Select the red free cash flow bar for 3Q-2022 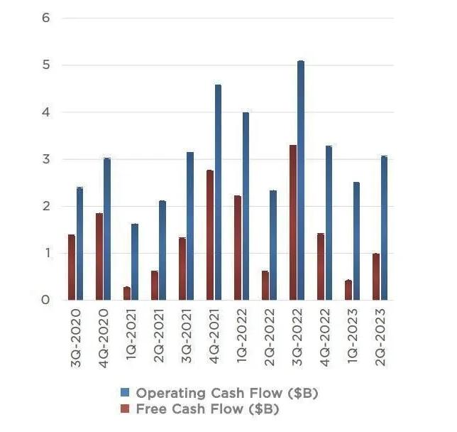pos(292,222)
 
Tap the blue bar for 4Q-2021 pos(218,193)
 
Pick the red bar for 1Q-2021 pos(126,293)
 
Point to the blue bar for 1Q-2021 pos(135,261)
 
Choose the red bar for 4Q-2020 pos(99,256)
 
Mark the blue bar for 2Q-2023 pos(384,228)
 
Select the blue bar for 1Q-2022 pos(246,206)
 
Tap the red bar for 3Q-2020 pos(71,267)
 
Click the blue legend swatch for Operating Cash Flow pos(126,393)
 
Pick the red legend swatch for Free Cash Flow pos(126,409)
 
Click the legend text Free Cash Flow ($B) pos(207,409)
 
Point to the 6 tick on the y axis pos(46,18)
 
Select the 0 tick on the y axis pos(46,300)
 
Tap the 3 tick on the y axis pos(46,159)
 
